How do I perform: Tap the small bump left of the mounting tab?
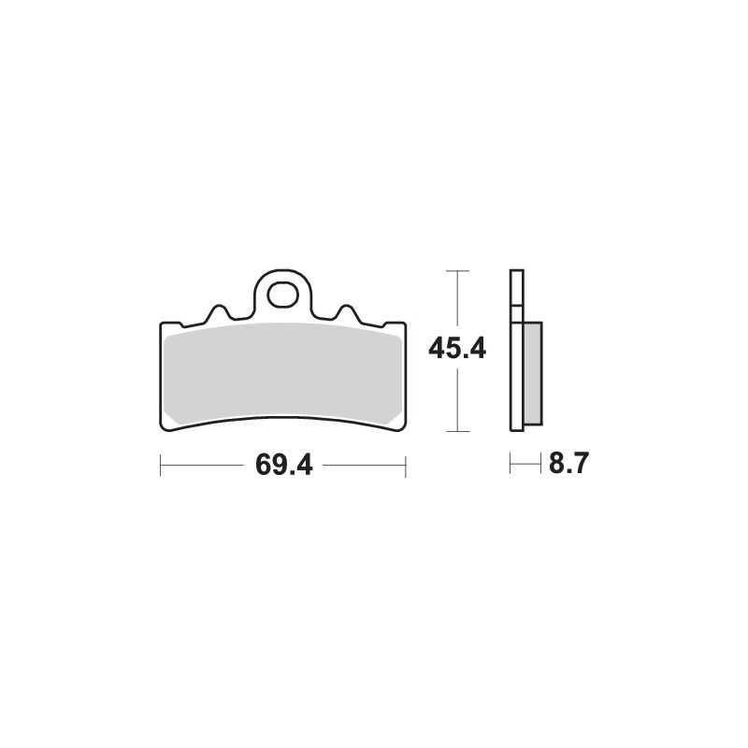point(219,311)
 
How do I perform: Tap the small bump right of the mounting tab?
point(344,311)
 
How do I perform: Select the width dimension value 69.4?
point(282,465)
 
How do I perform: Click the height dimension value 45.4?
point(456,350)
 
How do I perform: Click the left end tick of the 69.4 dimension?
point(161,465)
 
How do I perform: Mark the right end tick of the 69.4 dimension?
point(405,465)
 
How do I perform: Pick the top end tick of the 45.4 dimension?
point(456,270)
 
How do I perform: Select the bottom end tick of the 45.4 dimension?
point(456,431)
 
